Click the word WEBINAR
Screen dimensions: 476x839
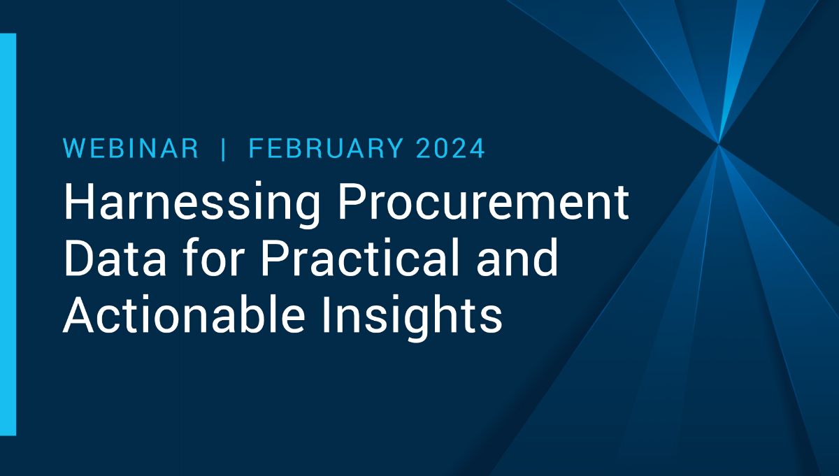point(131,149)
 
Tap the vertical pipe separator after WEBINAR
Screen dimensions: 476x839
point(224,149)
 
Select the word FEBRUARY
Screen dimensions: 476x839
point(325,149)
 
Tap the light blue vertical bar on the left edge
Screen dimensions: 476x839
point(8,234)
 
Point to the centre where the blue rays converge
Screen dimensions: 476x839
point(719,143)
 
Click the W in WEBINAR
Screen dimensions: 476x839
point(73,149)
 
